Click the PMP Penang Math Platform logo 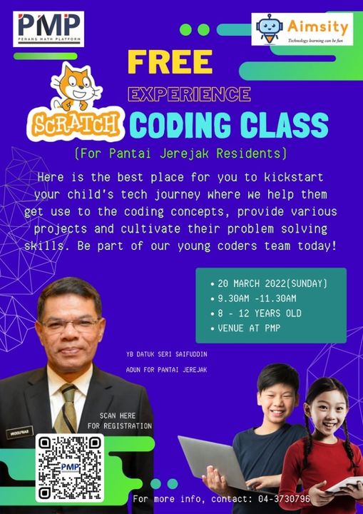(48, 28)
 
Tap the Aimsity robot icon (270, 29)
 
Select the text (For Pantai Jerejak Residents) (180, 152)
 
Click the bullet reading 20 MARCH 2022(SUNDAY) (272, 283)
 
